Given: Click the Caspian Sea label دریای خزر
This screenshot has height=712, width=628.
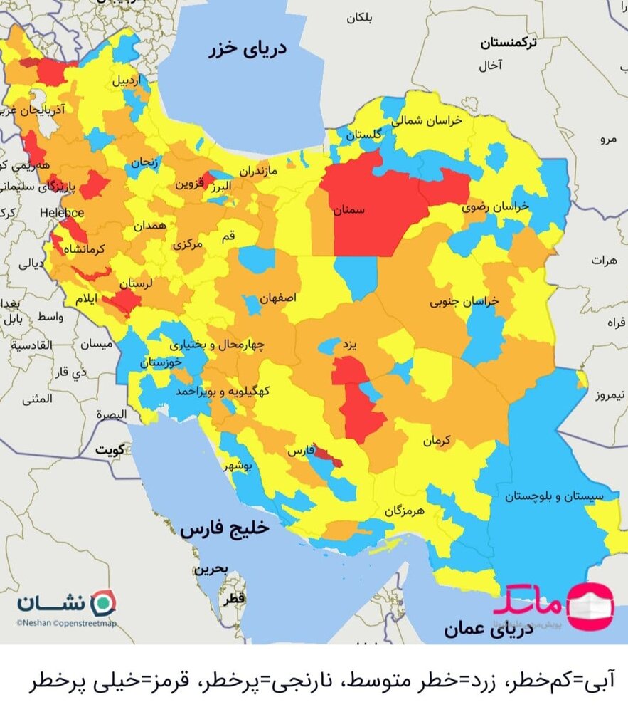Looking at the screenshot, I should tap(248, 49).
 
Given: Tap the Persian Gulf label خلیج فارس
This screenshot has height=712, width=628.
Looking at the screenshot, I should tap(225, 528).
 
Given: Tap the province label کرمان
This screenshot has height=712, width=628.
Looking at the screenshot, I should tap(437, 441).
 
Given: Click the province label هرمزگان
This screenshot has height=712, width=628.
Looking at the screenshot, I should tap(404, 511).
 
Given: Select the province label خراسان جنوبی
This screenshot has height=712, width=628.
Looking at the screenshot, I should tap(464, 301).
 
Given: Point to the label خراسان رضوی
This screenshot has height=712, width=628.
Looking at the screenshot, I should tap(496, 206).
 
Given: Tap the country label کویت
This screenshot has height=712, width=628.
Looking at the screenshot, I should tap(110, 449).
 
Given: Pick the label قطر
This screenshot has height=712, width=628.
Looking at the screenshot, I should tap(235, 600).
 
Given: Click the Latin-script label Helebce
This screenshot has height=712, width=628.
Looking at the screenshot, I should tap(62, 213).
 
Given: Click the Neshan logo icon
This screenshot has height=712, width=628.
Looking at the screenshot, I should tap(104, 602).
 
